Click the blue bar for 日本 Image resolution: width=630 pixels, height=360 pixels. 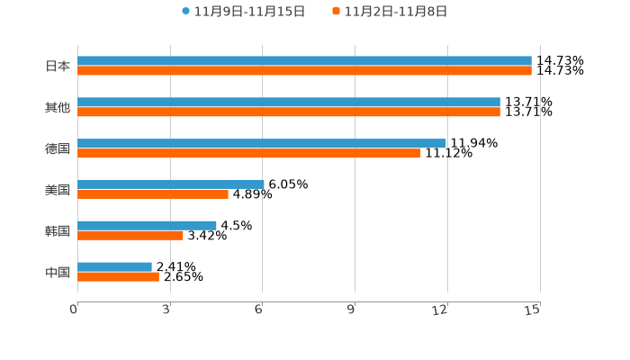304,61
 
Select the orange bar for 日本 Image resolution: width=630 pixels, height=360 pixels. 304,71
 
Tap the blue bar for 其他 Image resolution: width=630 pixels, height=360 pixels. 289,103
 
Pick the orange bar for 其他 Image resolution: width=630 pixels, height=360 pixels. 289,112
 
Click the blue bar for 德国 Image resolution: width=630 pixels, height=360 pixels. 262,143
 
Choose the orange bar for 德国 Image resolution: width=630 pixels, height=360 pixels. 249,154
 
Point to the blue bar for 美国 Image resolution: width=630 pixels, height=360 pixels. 171,184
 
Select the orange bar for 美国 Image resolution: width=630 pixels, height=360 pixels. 153,194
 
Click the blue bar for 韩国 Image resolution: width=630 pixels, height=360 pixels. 147,225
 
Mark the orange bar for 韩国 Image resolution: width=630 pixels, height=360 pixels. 130,236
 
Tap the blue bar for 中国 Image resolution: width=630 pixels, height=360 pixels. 114,266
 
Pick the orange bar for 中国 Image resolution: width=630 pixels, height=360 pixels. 118,276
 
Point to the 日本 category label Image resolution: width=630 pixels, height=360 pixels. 58,67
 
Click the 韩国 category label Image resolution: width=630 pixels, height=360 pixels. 58,231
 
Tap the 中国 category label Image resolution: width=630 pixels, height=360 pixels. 58,272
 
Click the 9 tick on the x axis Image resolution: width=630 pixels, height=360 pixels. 352,310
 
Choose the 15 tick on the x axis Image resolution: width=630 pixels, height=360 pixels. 533,310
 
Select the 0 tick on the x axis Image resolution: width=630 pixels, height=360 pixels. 75,310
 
